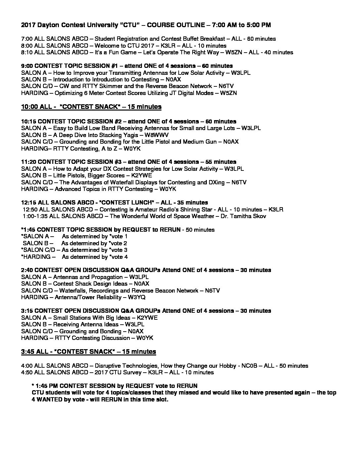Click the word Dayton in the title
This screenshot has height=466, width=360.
[x=46, y=25]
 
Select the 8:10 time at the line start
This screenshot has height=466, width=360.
[x=27, y=52]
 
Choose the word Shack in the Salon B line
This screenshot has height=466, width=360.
[x=81, y=284]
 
